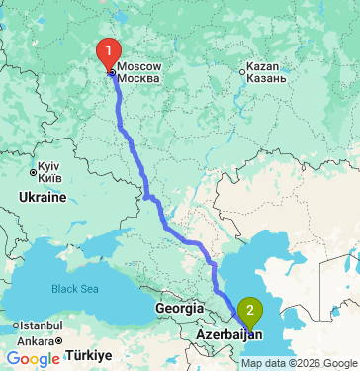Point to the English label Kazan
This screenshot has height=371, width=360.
tap(267, 65)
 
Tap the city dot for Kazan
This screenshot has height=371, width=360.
tap(243, 70)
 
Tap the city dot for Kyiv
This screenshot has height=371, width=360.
tap(34, 171)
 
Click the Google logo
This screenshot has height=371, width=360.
tap(32, 359)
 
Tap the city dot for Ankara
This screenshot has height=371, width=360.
tap(59, 341)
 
